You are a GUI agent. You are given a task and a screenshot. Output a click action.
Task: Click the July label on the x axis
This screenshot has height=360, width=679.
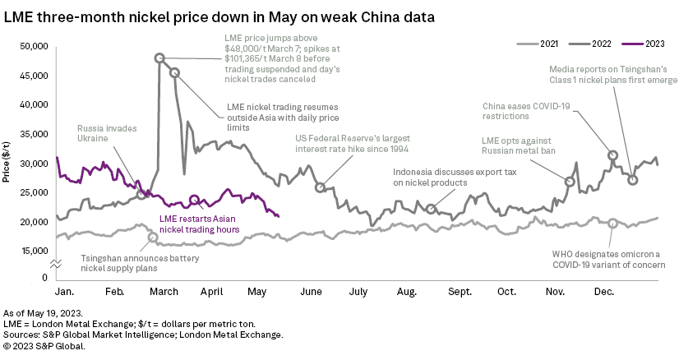[358, 291]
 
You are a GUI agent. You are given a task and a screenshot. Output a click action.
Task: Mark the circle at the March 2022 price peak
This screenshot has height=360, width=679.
[159, 58]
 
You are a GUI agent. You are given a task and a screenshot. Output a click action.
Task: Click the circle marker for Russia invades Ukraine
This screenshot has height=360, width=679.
[141, 195]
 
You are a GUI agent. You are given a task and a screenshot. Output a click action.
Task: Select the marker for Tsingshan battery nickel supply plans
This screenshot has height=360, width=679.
[153, 237]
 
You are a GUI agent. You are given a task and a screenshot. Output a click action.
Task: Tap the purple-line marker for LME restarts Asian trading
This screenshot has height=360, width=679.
[194, 200]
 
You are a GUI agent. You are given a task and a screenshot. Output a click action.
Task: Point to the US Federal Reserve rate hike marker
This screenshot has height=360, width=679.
[320, 187]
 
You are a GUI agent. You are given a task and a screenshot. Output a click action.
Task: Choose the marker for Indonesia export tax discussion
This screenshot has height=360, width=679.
[431, 209]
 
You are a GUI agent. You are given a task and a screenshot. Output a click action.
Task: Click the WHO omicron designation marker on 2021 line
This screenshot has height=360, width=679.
[613, 223]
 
